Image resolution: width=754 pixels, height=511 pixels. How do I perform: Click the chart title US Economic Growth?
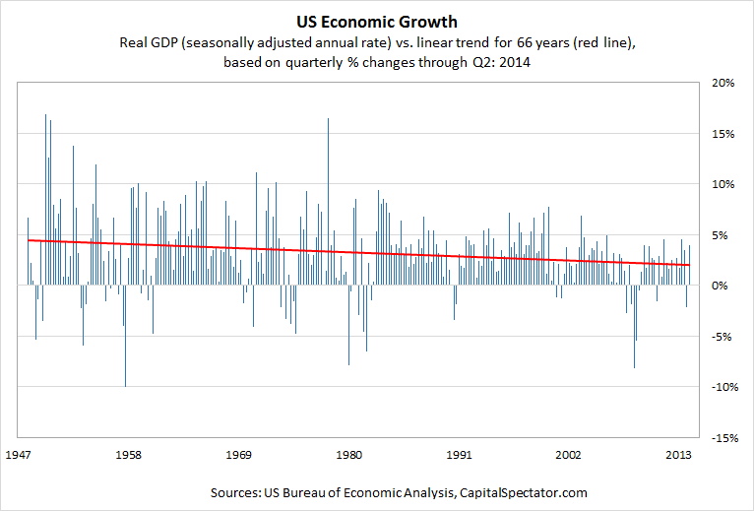click(x=377, y=21)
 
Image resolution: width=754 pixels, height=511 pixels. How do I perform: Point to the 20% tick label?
click(x=723, y=83)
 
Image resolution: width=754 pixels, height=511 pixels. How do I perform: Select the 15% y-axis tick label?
click(x=723, y=134)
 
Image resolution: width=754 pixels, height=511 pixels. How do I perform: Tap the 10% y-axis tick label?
click(x=723, y=184)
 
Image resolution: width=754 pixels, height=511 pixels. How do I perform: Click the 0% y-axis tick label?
click(x=726, y=286)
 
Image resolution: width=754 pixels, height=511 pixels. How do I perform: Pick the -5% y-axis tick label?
click(x=724, y=336)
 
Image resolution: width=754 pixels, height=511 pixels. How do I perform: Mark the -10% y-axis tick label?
click(x=723, y=387)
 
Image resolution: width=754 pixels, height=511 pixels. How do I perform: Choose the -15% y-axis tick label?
click(x=723, y=437)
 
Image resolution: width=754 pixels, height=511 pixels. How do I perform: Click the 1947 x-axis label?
click(x=20, y=456)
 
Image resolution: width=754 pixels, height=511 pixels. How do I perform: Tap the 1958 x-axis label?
click(x=128, y=456)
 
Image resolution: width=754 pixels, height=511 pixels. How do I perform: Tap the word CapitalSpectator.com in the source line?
click(x=489, y=491)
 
